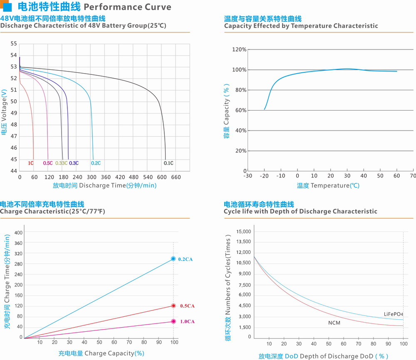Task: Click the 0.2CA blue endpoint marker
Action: point(173,259)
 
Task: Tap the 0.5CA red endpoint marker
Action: point(173,306)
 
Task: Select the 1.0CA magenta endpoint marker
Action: point(173,321)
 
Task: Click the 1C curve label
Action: point(31,163)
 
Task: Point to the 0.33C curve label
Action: point(61,163)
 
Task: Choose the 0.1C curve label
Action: point(168,163)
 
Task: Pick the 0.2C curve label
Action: point(96,163)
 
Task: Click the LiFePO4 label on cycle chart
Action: point(394,314)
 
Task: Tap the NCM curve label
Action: point(334,323)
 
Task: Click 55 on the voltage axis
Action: point(14,44)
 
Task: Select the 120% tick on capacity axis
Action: point(239,49)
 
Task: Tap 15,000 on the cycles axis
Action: point(244,231)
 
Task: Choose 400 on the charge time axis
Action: point(18,232)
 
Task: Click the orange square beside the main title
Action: point(4,7)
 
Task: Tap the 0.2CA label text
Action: point(185,259)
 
